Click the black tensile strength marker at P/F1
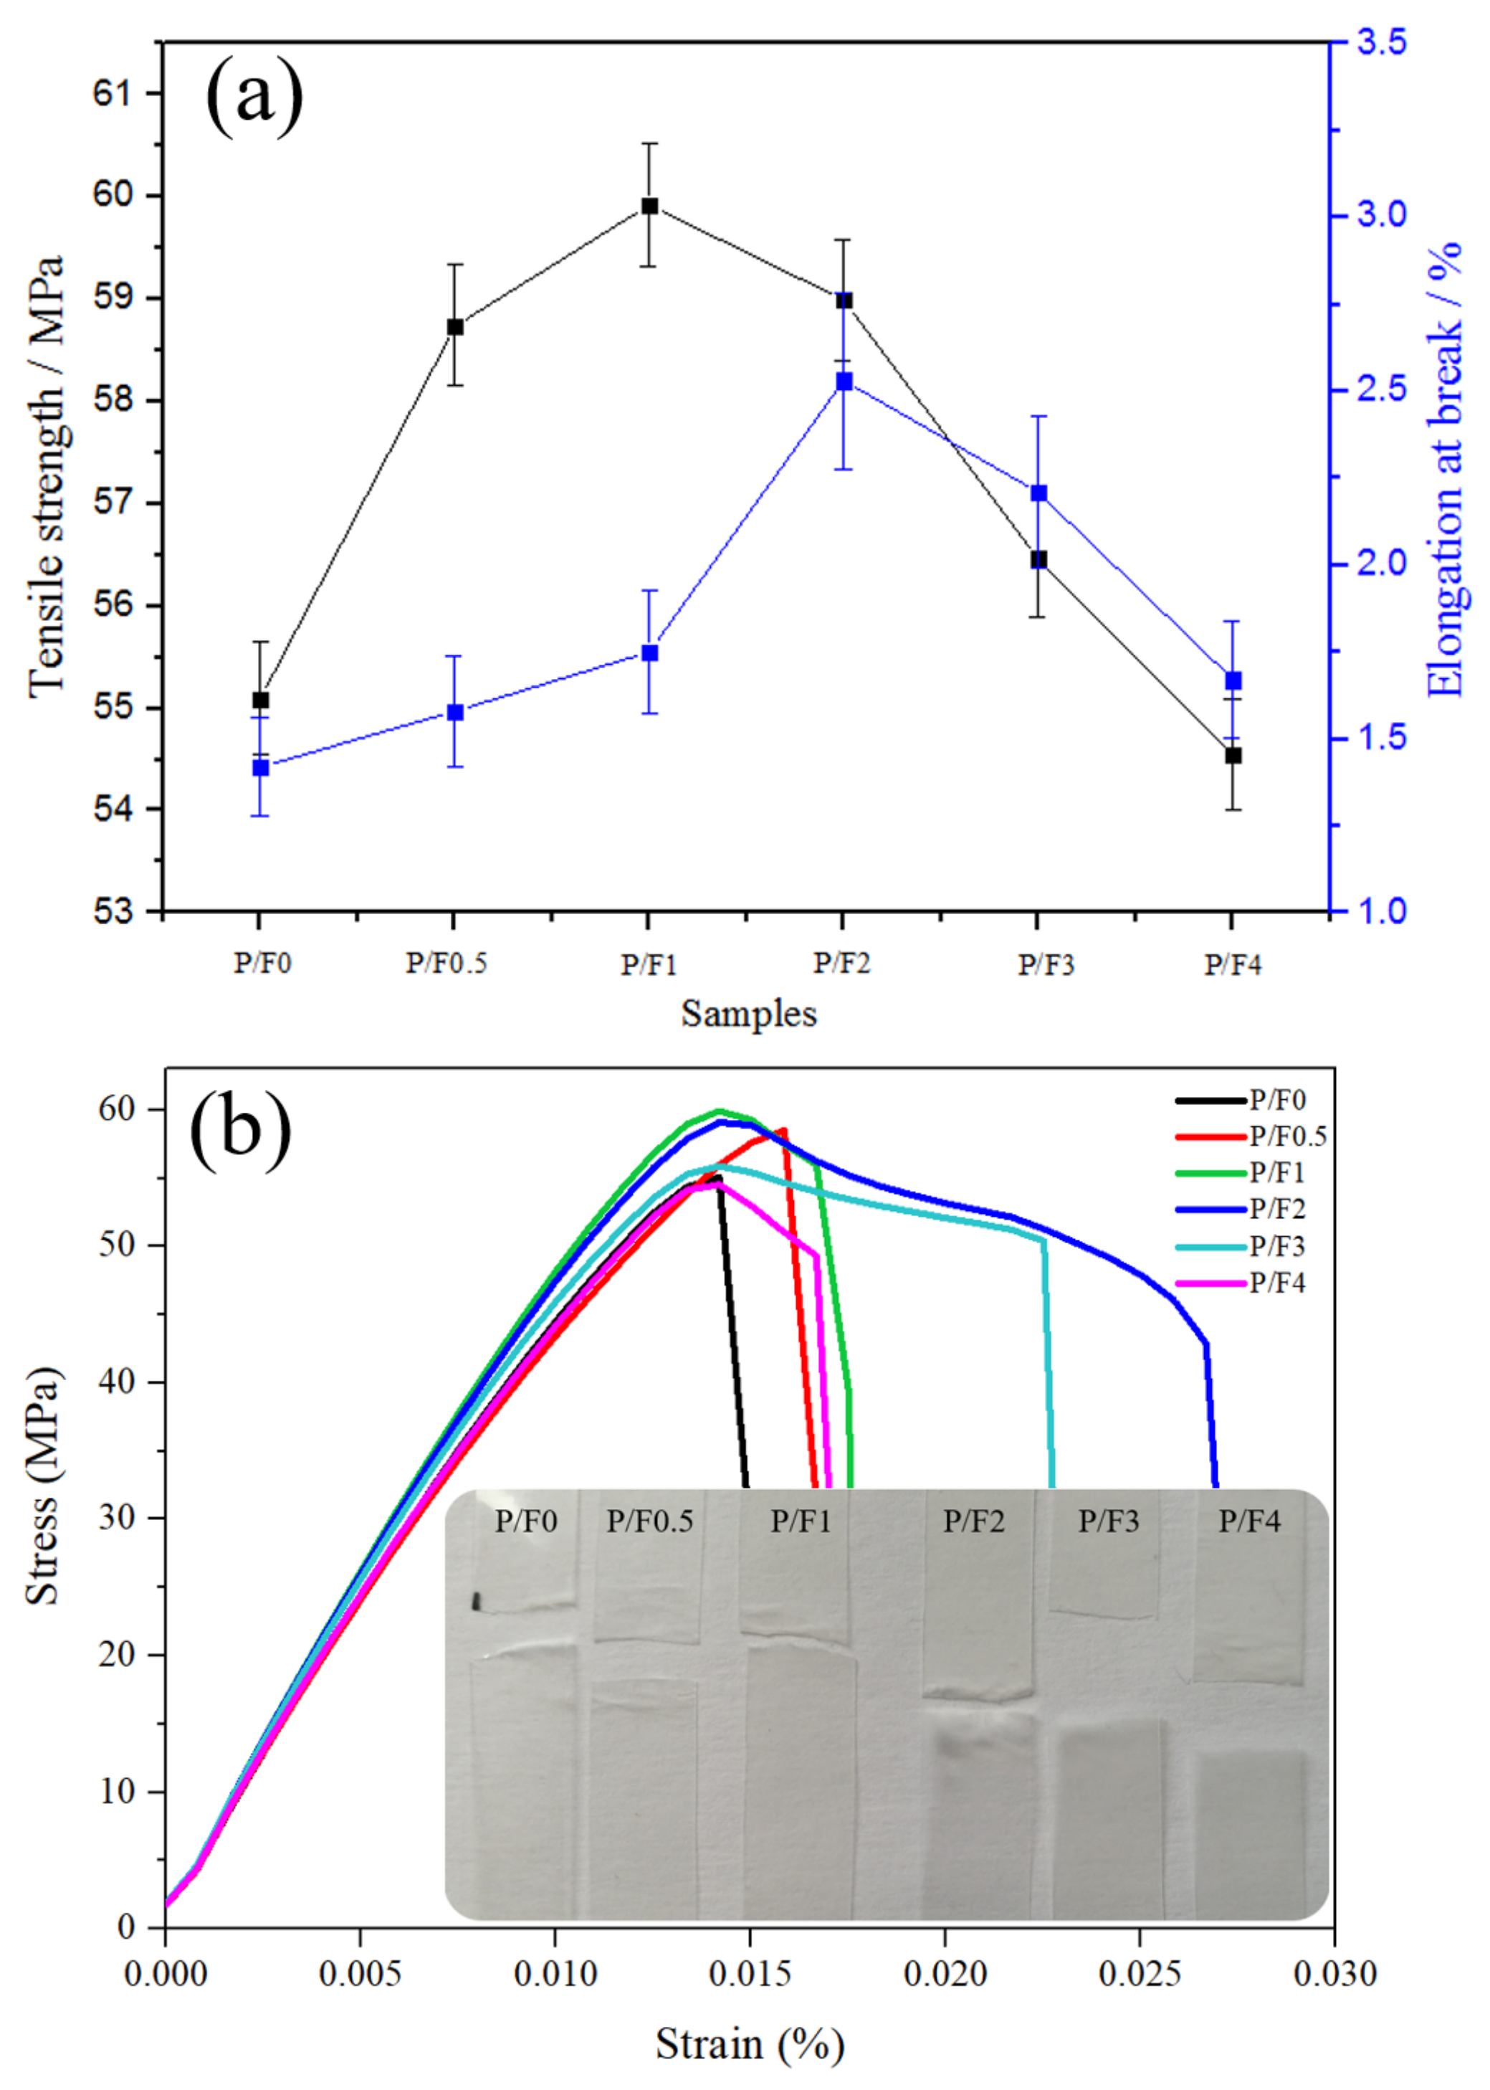[x=649, y=206]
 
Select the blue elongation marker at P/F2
[x=844, y=381]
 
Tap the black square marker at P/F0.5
[x=455, y=327]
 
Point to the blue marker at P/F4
[x=1233, y=680]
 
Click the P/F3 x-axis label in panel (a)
[x=1045, y=964]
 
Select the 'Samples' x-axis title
[x=749, y=1013]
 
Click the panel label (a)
[x=254, y=95]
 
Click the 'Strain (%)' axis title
[x=749, y=2044]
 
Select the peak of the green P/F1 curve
[x=720, y=1111]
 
